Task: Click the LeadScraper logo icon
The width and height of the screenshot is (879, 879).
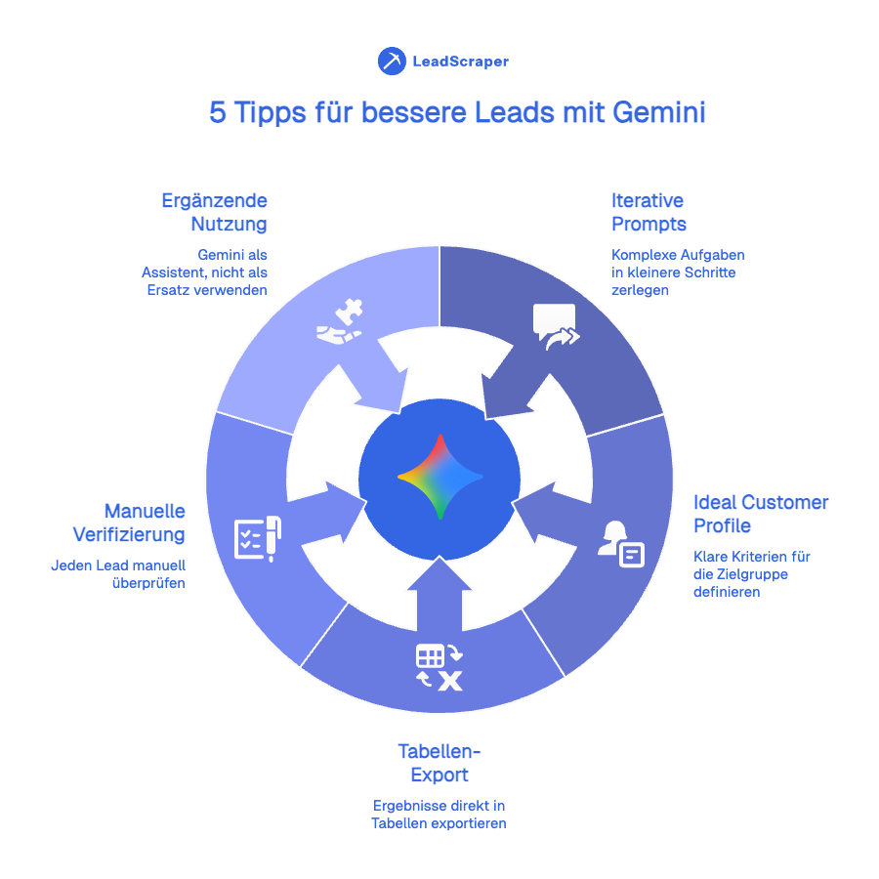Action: (x=392, y=61)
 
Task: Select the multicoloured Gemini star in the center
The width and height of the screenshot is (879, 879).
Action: (x=439, y=477)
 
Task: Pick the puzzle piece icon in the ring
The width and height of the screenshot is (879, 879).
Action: (x=340, y=327)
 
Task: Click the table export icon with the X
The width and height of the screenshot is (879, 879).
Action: (x=439, y=667)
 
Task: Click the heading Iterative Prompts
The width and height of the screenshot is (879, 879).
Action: (x=649, y=212)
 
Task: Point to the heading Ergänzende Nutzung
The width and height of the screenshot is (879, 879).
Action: (x=215, y=212)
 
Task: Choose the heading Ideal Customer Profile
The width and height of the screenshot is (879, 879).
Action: (x=760, y=514)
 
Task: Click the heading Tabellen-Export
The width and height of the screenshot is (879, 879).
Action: (x=439, y=763)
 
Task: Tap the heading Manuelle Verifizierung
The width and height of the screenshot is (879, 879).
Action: (x=129, y=523)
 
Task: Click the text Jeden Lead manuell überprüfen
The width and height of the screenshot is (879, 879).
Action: (x=118, y=574)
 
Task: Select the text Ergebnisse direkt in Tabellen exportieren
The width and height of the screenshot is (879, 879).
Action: (x=439, y=815)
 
